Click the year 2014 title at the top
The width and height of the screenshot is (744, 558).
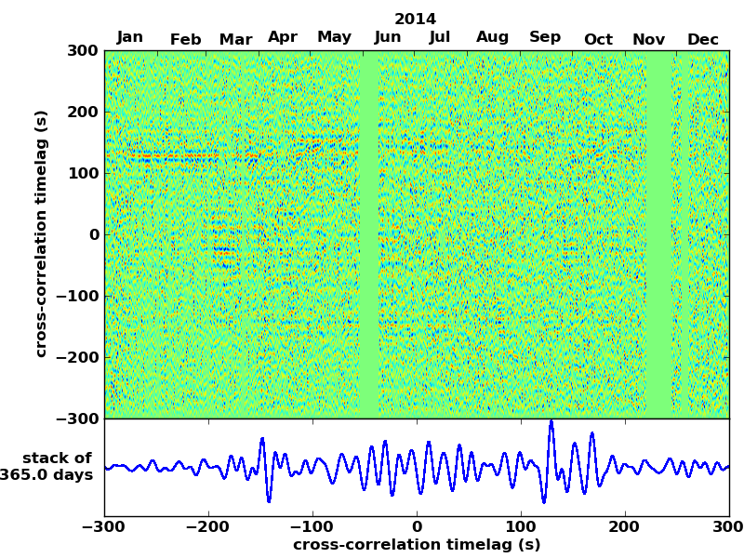coord(415,19)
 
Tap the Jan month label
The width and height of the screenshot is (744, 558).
coord(130,37)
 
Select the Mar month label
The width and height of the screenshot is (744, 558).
coord(235,39)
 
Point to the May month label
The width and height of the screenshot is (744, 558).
coord(335,37)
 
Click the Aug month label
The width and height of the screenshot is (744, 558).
coord(492,38)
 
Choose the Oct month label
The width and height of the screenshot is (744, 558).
coord(598,39)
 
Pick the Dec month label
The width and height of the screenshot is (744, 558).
coord(703,39)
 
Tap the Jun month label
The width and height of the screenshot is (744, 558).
coord(388,38)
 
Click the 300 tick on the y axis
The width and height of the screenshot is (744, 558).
coord(83,51)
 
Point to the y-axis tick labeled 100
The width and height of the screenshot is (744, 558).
coord(83,174)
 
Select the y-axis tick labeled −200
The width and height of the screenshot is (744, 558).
coord(76,358)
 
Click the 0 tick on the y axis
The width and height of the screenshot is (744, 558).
coord(94,235)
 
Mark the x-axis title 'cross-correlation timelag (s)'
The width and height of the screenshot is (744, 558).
coord(417,545)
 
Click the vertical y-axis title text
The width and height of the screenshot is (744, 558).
coord(41,233)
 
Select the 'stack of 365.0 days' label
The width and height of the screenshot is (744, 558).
coord(52,467)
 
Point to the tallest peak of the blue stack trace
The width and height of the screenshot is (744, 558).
coord(551,422)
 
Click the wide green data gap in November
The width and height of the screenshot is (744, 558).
coord(658,232)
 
